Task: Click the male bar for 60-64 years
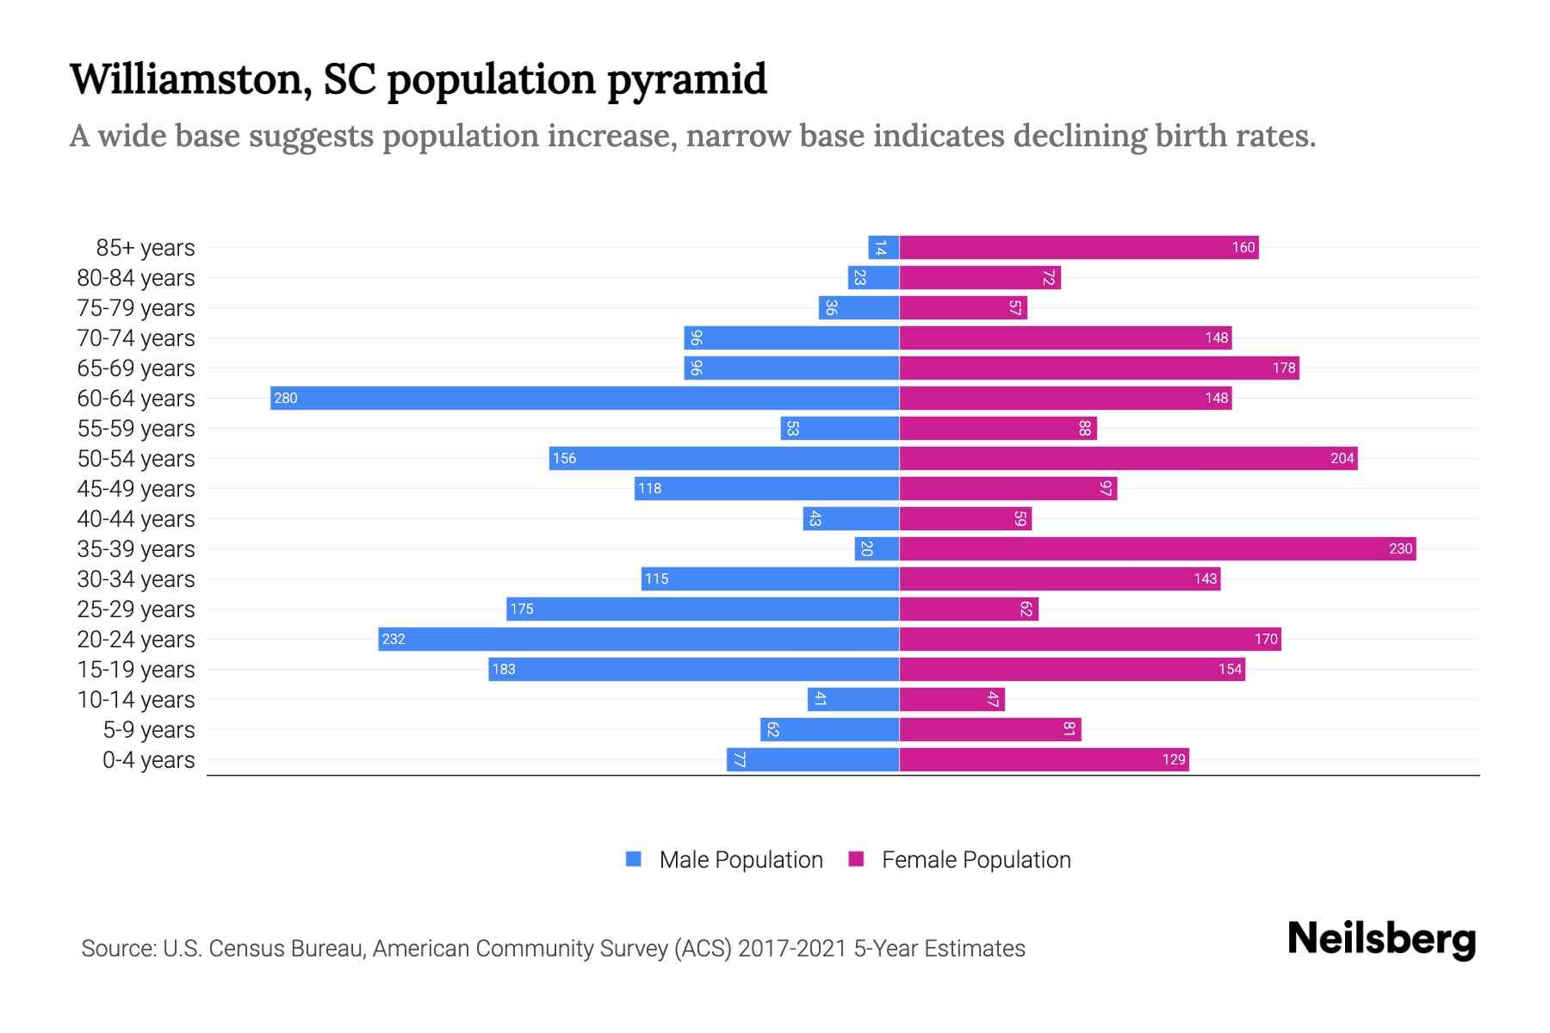[x=585, y=398]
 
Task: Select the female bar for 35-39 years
[x=1157, y=548]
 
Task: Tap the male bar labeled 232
[x=638, y=639]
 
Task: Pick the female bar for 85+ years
[x=1079, y=247]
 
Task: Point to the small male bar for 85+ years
[x=883, y=247]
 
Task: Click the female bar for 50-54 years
[x=1128, y=458]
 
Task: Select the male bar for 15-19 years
[x=693, y=669]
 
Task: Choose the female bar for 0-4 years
[x=1044, y=759]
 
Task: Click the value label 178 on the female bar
[x=1283, y=368]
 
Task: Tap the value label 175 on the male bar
[x=522, y=609]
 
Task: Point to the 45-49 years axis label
[x=136, y=488]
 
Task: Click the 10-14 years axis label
[x=136, y=699]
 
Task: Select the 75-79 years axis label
[x=136, y=307]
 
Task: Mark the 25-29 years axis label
[x=136, y=609]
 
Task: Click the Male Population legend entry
[x=740, y=859]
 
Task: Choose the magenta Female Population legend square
[x=856, y=859]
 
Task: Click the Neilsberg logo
[x=1381, y=938]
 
